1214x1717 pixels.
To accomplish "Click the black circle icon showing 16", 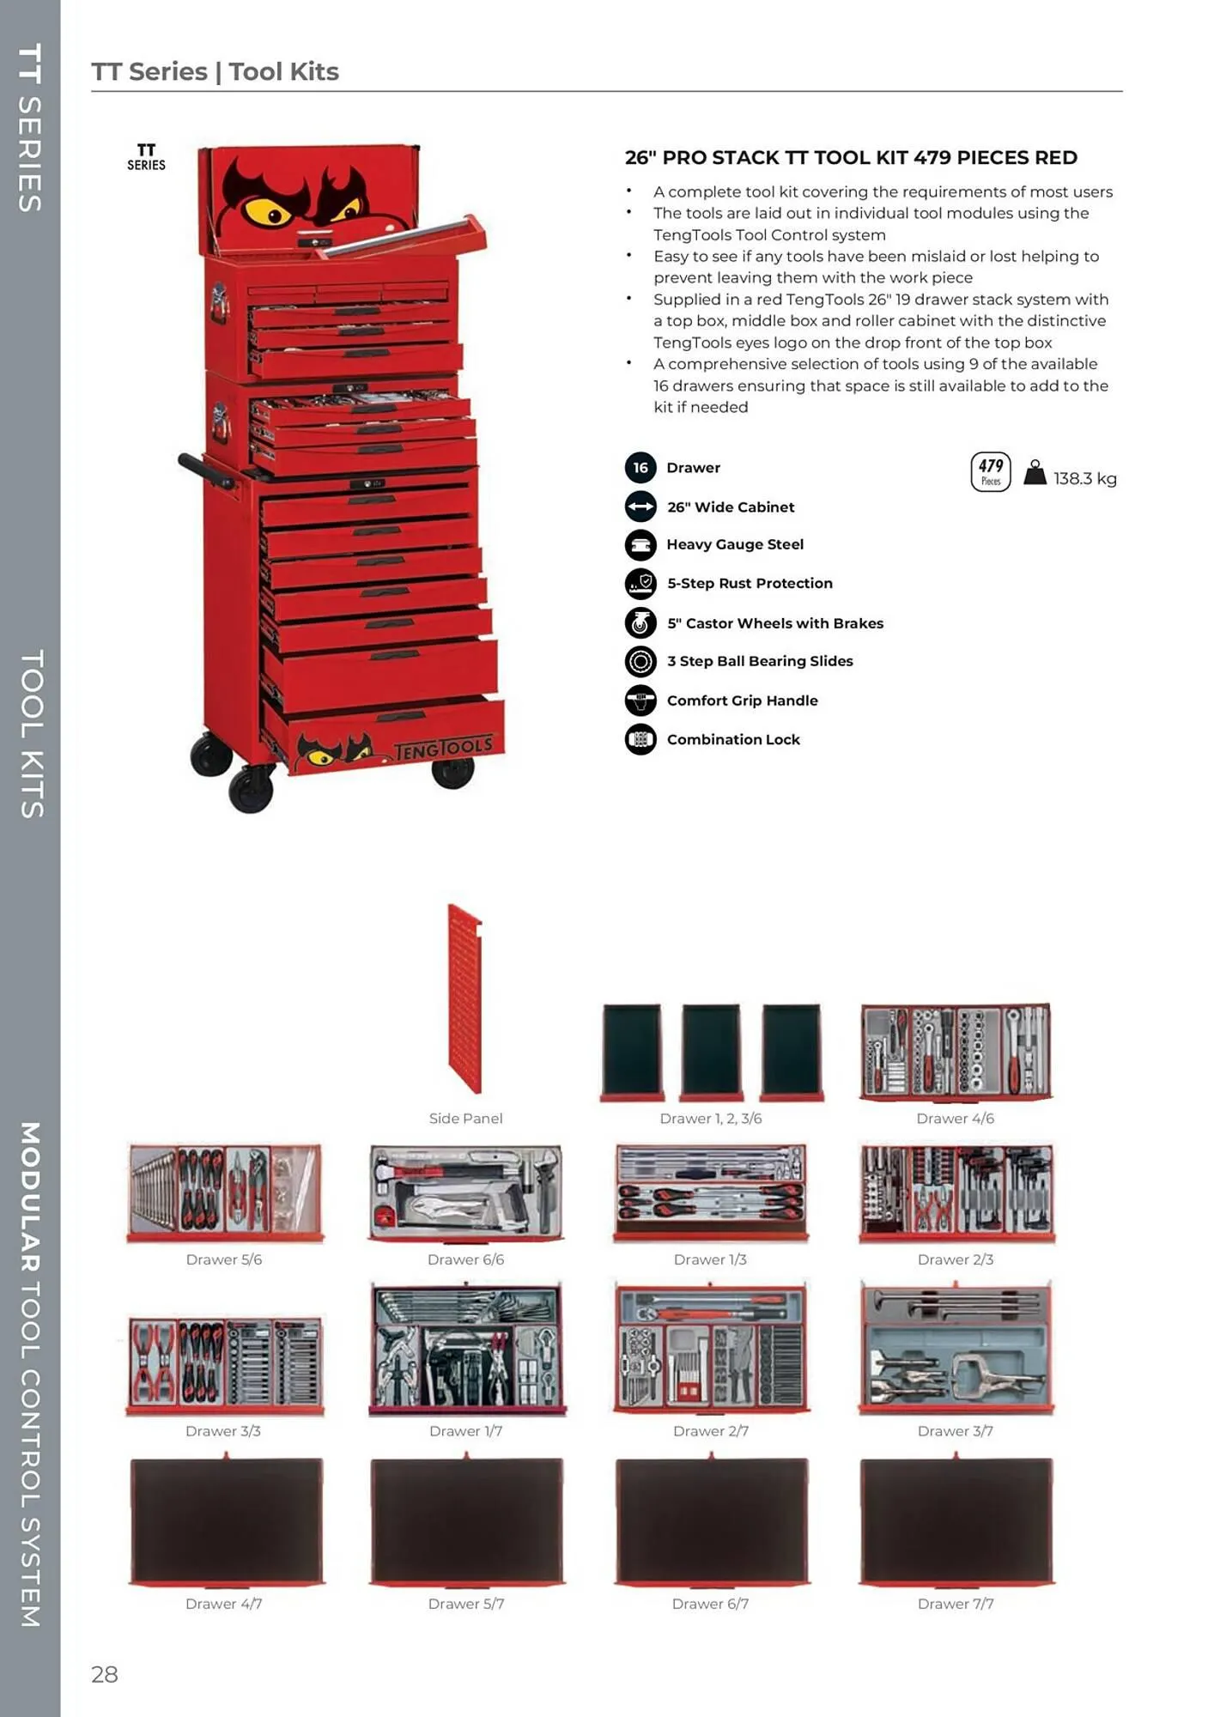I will pyautogui.click(x=640, y=468).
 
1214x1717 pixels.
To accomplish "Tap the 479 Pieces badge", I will pyautogui.click(x=990, y=471).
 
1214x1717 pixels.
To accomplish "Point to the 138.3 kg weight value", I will pyautogui.click(x=1084, y=478).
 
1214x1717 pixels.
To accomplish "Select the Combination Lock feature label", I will pyautogui.click(x=732, y=739).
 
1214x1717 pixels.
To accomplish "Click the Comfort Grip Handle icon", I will pyautogui.click(x=640, y=700).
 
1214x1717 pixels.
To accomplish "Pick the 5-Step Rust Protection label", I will pyautogui.click(x=750, y=583).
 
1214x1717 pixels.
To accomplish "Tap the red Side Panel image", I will pyautogui.click(x=465, y=998).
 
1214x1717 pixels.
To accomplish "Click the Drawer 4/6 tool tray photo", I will pyautogui.click(x=956, y=1053).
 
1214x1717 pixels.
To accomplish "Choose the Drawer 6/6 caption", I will pyautogui.click(x=465, y=1259).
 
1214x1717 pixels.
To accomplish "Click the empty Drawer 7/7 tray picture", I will pyautogui.click(x=956, y=1520).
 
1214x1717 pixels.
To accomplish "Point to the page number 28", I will pyautogui.click(x=105, y=1673).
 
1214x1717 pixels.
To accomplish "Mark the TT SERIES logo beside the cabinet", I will pyautogui.click(x=146, y=157).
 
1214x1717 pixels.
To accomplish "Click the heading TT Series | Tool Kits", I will pyautogui.click(x=215, y=71).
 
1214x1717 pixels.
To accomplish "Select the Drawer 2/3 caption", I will pyautogui.click(x=955, y=1259).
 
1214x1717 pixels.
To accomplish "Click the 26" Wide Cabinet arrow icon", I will pyautogui.click(x=640, y=507).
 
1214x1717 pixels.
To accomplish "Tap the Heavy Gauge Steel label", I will pyautogui.click(x=734, y=544).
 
